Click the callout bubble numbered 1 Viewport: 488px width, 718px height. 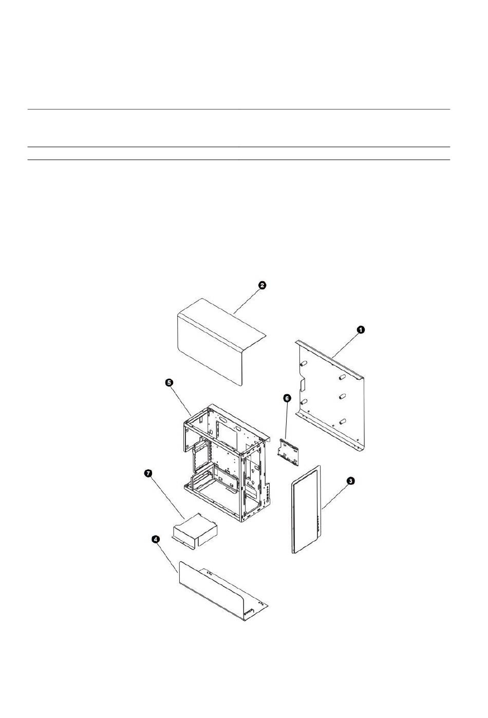click(361, 329)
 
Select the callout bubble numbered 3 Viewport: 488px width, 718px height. click(350, 481)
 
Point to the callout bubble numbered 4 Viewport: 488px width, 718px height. click(156, 539)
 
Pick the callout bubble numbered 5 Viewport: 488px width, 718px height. click(168, 382)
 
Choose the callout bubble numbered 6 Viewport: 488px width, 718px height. click(287, 398)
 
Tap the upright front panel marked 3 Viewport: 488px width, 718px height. click(306, 509)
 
